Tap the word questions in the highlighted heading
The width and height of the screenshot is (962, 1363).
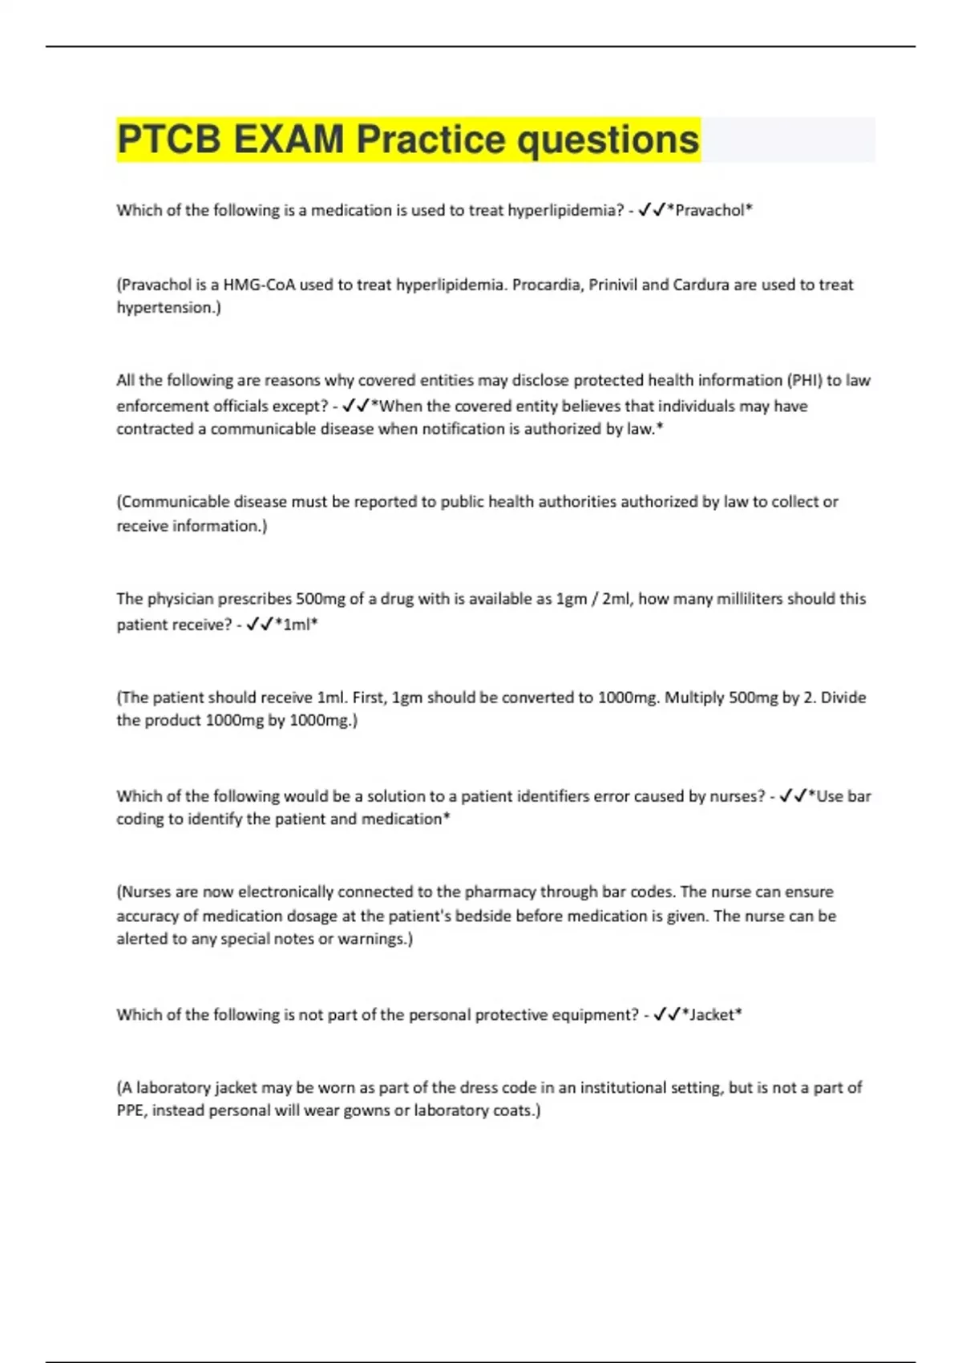(x=608, y=140)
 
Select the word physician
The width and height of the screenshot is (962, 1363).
(x=180, y=599)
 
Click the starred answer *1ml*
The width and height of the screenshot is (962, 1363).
(x=296, y=625)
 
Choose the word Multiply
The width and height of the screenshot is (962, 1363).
(x=694, y=698)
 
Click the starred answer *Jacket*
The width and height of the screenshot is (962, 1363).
(x=711, y=1015)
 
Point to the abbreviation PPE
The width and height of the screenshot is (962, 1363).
(x=131, y=1110)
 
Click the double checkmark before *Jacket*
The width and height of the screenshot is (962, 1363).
(x=667, y=1015)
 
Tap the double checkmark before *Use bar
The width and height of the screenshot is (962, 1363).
(x=794, y=796)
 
